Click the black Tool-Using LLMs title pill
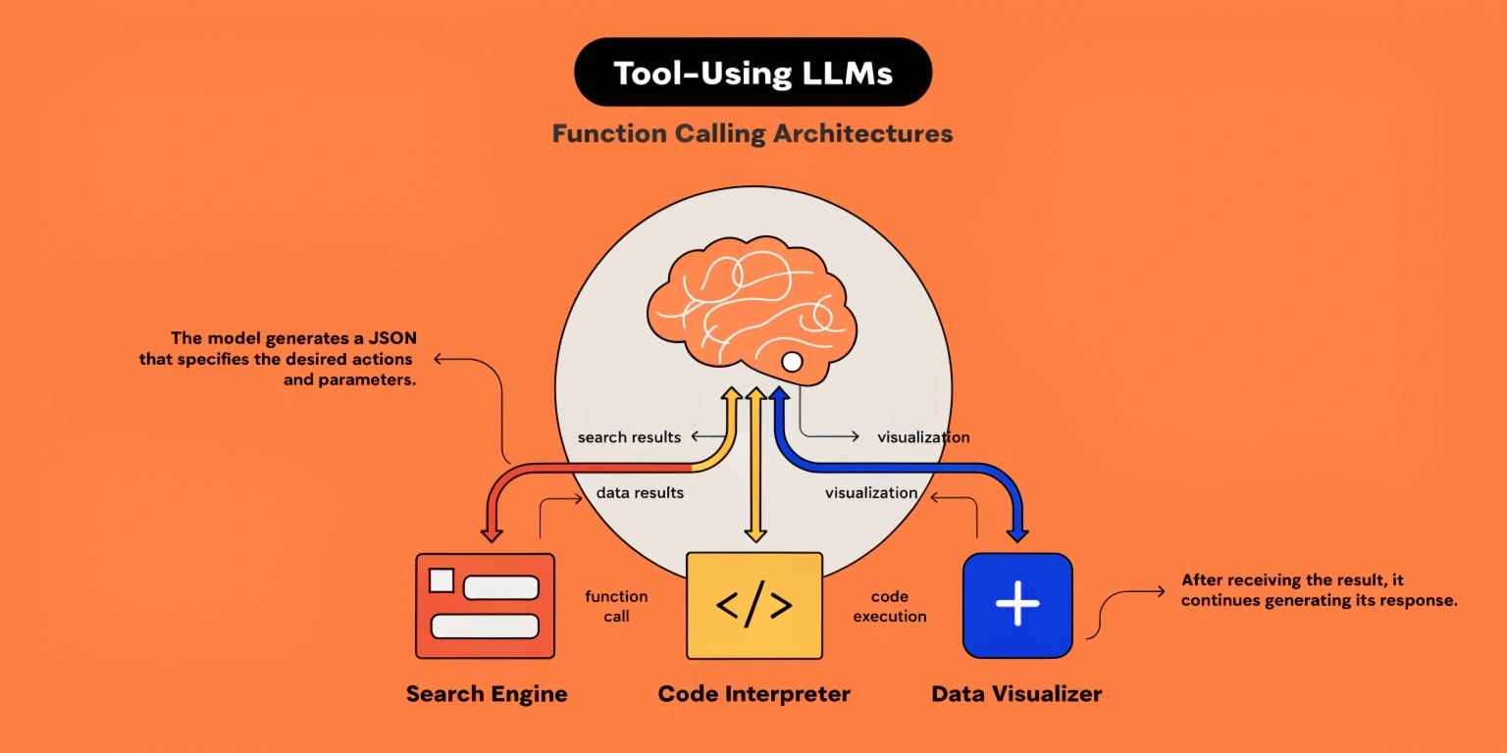753,72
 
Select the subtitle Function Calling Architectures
753,133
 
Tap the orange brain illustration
753,310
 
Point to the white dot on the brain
792,362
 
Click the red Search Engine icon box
485,606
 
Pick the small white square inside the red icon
442,580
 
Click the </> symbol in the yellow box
754,604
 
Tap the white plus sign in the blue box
1017,603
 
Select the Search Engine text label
487,694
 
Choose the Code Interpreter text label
754,694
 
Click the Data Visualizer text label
1016,694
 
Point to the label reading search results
629,437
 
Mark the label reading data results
640,493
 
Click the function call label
616,606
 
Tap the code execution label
890,606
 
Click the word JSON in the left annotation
392,337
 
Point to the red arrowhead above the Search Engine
492,533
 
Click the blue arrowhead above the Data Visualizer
1017,533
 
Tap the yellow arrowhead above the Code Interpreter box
755,533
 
